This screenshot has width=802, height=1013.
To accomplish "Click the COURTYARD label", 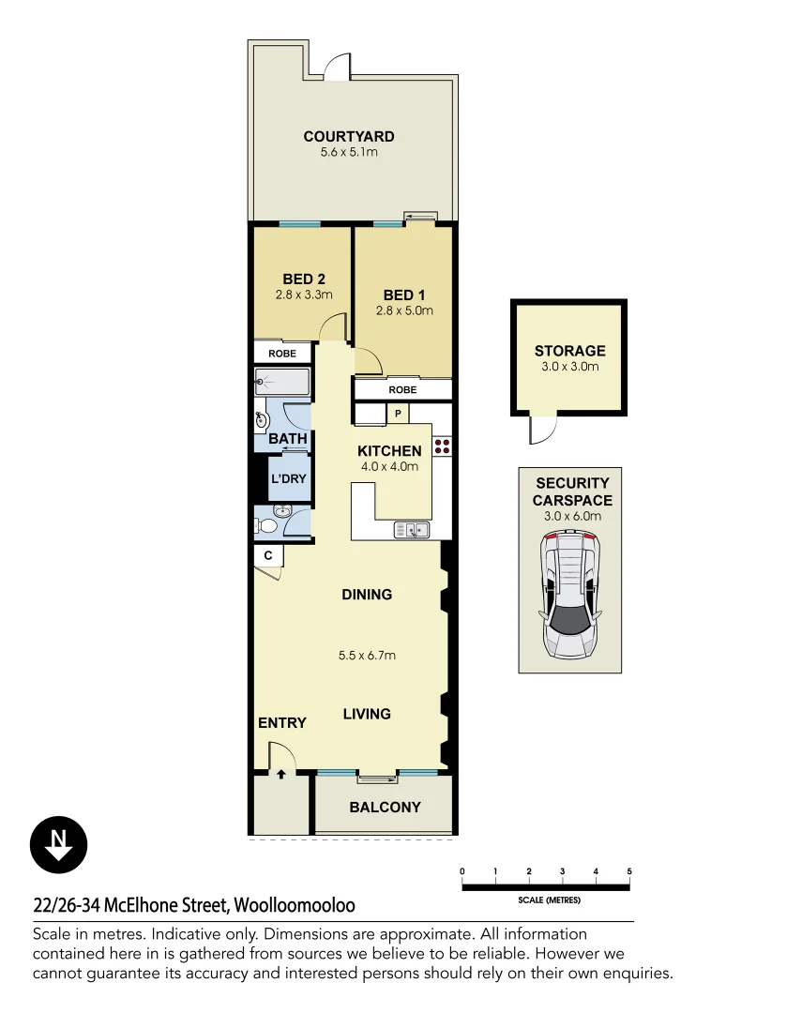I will [x=349, y=137].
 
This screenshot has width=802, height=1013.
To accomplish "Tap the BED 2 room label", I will [x=304, y=279].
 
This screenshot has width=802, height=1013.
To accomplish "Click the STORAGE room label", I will [x=569, y=351].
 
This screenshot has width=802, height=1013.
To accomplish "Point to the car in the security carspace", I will [x=569, y=594].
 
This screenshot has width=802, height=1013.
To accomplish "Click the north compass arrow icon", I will [x=58, y=844].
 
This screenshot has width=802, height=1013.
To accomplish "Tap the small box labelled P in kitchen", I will [x=398, y=414].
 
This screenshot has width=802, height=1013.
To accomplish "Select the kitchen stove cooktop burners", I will [x=442, y=446].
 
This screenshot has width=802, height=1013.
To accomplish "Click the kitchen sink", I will [x=411, y=531].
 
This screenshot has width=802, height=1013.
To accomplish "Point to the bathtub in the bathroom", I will [x=281, y=382].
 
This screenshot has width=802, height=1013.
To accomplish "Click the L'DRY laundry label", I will [x=288, y=478].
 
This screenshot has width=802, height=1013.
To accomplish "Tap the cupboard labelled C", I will [x=268, y=555].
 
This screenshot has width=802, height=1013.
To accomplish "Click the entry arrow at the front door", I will [x=280, y=774].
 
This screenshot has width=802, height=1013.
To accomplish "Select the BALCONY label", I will [x=385, y=807].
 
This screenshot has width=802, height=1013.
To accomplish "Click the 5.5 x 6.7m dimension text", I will [x=367, y=655].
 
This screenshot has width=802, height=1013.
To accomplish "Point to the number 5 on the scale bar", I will [x=629, y=871].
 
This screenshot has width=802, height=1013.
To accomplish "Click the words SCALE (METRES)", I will [x=550, y=900].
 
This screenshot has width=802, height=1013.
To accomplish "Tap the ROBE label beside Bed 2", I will [x=282, y=354].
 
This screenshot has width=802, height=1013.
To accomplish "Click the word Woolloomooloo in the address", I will [x=295, y=906].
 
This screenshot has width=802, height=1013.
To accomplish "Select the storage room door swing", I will [x=540, y=431].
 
